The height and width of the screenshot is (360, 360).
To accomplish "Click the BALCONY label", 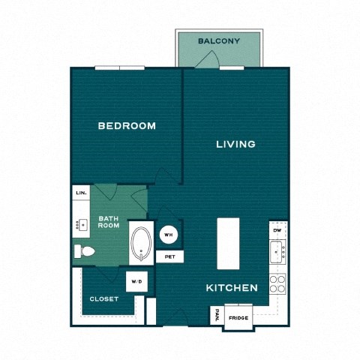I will (x=219, y=40).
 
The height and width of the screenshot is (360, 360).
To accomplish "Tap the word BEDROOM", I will (x=127, y=126).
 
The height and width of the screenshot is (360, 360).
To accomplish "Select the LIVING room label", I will (x=235, y=144).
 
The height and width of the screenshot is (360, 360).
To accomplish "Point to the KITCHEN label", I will (x=232, y=288).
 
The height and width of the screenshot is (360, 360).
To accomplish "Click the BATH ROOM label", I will (x=109, y=223).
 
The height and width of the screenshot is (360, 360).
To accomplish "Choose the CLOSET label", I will (x=104, y=298).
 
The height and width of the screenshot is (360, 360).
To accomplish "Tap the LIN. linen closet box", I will (x=81, y=193).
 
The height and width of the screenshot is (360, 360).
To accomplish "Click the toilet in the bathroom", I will (x=84, y=251).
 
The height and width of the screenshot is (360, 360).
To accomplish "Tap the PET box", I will (x=170, y=256).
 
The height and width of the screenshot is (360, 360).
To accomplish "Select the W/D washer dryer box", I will (x=136, y=282).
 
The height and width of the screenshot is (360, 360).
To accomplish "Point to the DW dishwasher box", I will (x=277, y=229).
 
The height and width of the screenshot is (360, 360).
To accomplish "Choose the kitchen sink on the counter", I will (x=277, y=251).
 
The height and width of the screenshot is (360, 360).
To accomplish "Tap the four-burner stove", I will (x=277, y=283).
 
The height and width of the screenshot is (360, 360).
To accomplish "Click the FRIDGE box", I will (x=238, y=318).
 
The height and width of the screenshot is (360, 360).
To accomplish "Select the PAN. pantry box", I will (x=217, y=315).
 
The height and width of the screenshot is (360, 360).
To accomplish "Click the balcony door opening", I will (x=232, y=67).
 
